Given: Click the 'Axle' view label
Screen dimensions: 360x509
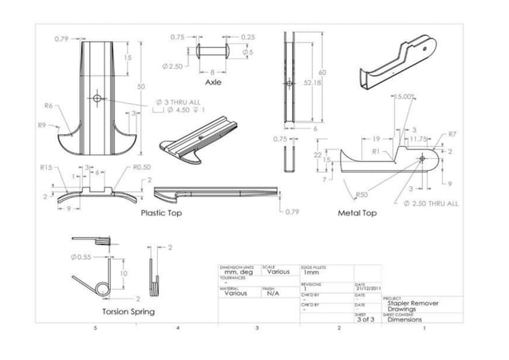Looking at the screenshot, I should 213,82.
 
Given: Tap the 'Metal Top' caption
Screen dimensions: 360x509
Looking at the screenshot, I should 357,213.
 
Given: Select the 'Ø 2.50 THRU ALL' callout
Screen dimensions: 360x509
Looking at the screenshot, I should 431,203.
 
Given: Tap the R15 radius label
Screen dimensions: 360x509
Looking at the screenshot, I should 46,168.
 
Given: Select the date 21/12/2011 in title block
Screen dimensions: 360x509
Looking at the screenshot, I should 368,289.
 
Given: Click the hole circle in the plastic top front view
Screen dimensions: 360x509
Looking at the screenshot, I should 97,97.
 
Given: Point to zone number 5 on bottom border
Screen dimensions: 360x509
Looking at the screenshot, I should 95,328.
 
